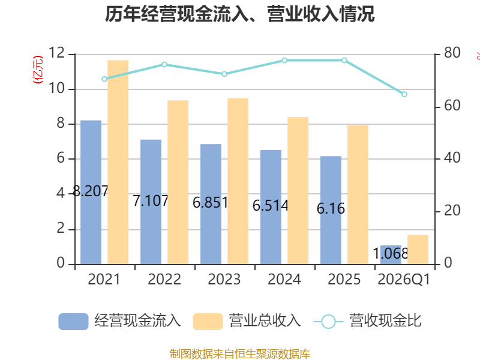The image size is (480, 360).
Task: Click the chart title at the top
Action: (239, 14)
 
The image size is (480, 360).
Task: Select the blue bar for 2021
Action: (91, 192)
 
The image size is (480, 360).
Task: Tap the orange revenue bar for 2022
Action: (178, 182)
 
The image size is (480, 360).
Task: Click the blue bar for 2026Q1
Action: (391, 254)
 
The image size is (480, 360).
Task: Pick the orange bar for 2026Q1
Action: (418, 250)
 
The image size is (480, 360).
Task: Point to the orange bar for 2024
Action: (298, 190)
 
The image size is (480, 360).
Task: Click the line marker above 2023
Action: (224, 74)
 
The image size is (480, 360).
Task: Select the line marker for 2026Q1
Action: (404, 94)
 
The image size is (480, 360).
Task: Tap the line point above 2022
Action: (164, 64)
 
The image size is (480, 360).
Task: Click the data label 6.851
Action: (211, 203)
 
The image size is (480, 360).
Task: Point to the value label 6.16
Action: (331, 208)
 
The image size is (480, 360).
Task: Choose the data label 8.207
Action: (91, 191)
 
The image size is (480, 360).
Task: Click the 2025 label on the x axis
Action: (344, 279)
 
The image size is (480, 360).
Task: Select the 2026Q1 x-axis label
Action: (404, 279)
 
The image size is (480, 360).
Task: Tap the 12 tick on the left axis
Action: (56, 53)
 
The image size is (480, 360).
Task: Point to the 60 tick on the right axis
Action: (452, 106)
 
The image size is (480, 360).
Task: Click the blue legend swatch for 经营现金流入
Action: (73, 322)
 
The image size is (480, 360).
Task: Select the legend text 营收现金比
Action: (386, 321)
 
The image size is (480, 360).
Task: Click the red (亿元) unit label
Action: (38, 70)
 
